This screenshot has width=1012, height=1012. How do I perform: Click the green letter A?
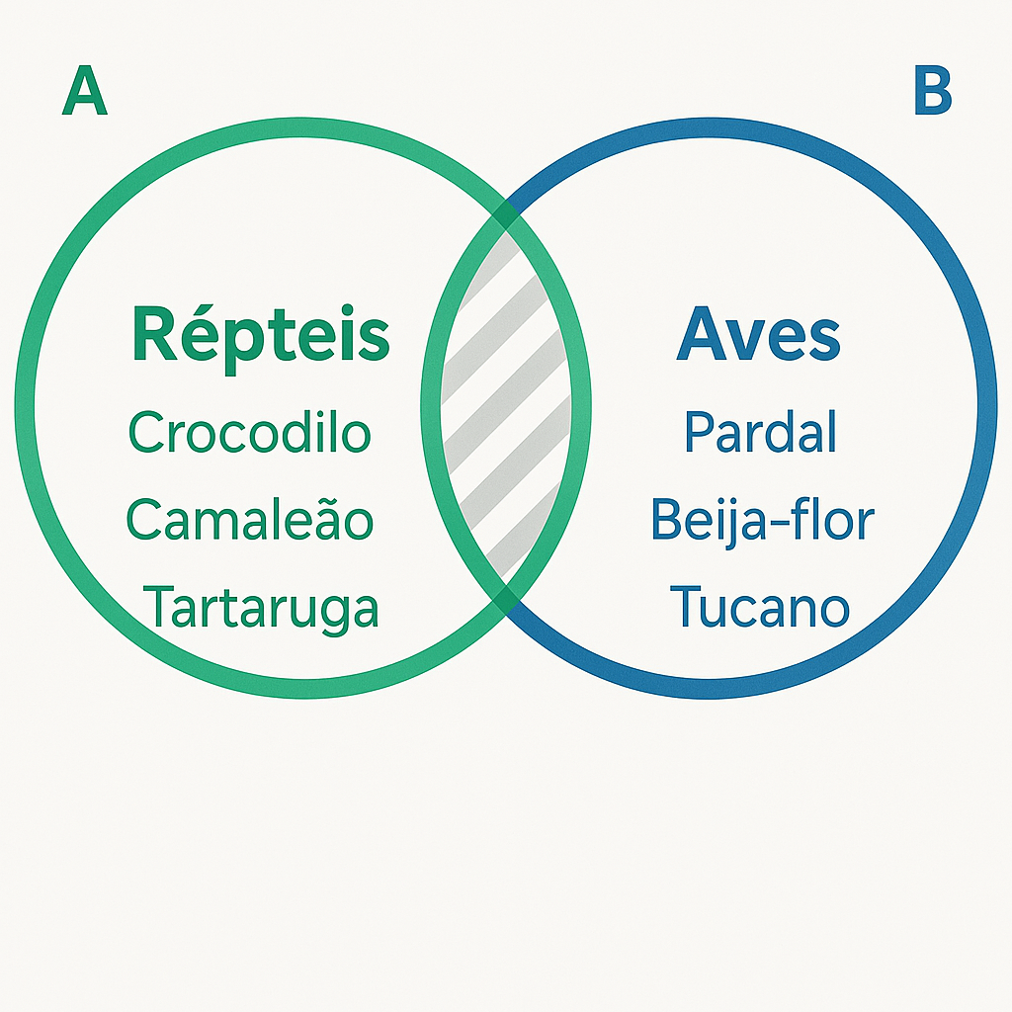(84, 95)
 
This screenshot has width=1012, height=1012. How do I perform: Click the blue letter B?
(932, 95)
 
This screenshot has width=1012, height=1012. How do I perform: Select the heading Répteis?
(260, 335)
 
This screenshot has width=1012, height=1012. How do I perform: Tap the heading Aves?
(758, 335)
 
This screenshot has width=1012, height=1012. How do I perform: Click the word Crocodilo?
(250, 433)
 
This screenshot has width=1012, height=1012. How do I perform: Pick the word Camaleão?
(250, 520)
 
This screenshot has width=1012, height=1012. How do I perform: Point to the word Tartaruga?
(261, 607)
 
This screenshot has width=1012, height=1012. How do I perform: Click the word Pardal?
(760, 433)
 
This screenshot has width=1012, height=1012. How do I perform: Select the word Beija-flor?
(762, 520)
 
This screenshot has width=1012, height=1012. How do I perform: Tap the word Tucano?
(759, 607)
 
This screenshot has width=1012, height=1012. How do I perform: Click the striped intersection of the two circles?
(506, 405)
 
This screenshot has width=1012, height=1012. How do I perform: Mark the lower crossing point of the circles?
(506, 596)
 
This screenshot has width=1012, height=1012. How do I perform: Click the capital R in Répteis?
(154, 336)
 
